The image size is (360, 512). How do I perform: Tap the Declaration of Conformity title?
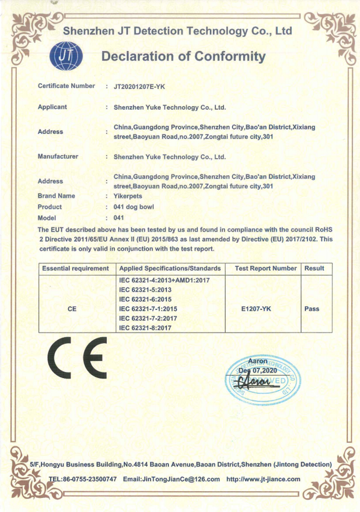click(x=183, y=57)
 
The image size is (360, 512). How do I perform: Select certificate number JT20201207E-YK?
click(x=140, y=87)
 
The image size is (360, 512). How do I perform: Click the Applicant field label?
click(x=52, y=107)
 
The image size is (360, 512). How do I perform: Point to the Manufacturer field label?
click(x=58, y=156)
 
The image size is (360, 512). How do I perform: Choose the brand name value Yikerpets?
click(x=128, y=196)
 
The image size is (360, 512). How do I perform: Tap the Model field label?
click(x=47, y=218)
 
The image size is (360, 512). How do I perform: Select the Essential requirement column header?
click(x=75, y=269)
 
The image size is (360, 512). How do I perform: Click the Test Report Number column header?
click(x=266, y=269)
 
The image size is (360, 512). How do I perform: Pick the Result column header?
click(x=314, y=269)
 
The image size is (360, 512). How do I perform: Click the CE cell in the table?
click(x=72, y=310)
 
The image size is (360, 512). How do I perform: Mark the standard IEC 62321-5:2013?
click(x=145, y=290)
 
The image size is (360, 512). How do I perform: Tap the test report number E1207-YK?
click(x=256, y=310)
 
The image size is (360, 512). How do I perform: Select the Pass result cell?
click(x=312, y=310)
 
